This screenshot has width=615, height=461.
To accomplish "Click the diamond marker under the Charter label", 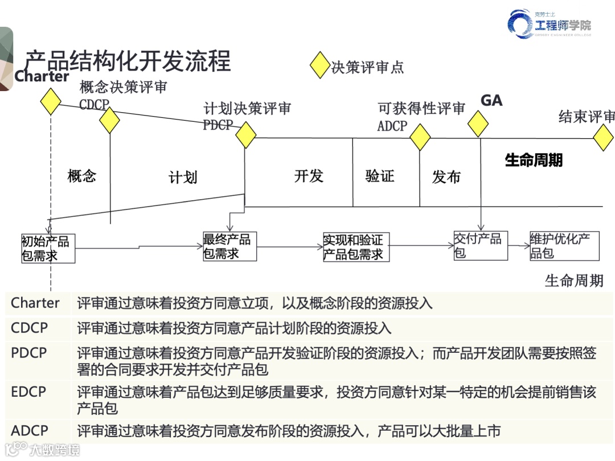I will [x=51, y=101].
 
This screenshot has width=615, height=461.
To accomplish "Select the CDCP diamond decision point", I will [x=109, y=120].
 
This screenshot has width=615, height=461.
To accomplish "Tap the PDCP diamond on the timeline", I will [x=246, y=135].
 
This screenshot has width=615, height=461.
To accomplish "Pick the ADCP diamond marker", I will [x=420, y=137].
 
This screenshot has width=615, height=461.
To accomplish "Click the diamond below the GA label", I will [x=478, y=124].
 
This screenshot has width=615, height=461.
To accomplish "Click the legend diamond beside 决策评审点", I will [x=320, y=65].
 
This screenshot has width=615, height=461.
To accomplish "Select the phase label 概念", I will [x=81, y=176].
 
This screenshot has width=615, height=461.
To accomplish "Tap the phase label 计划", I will [x=183, y=177].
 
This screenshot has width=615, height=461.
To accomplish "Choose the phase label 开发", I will [x=309, y=176].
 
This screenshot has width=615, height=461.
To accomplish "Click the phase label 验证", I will [x=380, y=176].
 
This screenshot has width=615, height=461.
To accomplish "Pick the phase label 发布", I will [x=446, y=177].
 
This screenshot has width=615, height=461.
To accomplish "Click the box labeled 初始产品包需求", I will [x=48, y=248].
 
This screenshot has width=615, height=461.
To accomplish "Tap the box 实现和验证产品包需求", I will [x=356, y=247].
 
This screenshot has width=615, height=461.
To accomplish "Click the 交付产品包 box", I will [x=480, y=245].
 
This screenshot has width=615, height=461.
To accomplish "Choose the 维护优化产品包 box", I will [x=564, y=246].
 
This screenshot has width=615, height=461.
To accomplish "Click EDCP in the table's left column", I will [x=28, y=392].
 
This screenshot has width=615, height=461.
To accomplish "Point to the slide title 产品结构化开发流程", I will [x=128, y=61].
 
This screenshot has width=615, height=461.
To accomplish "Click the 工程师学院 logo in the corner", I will [x=550, y=24].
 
